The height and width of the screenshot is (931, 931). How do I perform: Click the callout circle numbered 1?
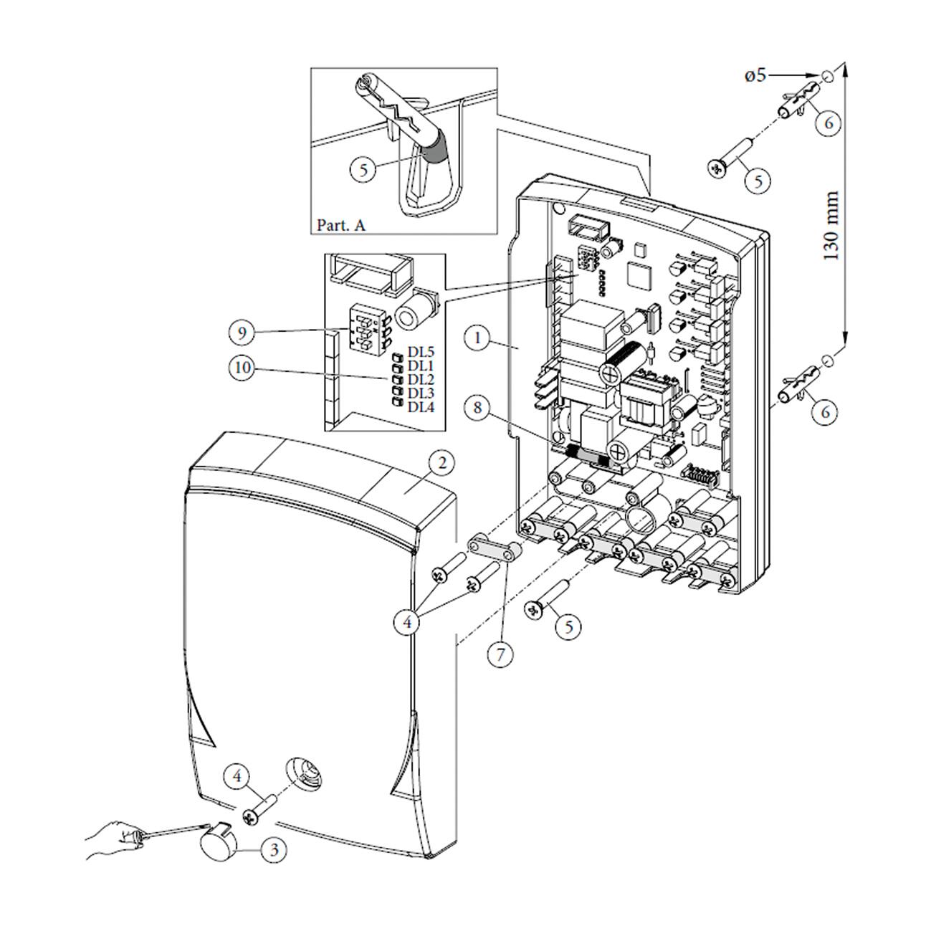478,338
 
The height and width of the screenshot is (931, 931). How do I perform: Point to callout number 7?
500,654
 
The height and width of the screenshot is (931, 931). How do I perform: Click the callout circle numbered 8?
477,408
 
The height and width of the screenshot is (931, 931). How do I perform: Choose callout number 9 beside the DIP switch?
242,333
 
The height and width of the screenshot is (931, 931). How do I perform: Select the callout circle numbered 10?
242,368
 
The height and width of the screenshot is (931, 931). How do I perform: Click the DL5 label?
421,351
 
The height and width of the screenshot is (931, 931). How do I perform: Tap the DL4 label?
421,407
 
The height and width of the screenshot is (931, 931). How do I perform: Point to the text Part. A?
340,224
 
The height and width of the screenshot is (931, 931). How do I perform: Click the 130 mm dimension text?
830,226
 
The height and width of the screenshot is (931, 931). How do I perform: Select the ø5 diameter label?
755,76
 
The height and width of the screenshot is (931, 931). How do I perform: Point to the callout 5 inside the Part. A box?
363,169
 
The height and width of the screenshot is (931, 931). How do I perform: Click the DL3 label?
421,393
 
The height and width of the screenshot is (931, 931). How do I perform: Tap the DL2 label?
421,379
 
